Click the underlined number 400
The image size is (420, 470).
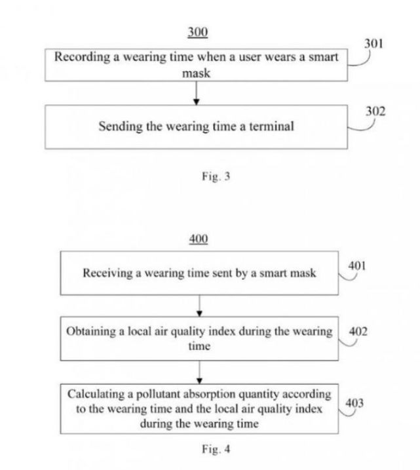(198, 239)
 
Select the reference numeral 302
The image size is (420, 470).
(375, 111)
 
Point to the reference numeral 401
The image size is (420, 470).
(357, 266)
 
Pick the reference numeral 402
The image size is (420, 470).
(358, 331)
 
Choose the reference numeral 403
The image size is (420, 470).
(354, 403)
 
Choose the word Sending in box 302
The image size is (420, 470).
(119, 127)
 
